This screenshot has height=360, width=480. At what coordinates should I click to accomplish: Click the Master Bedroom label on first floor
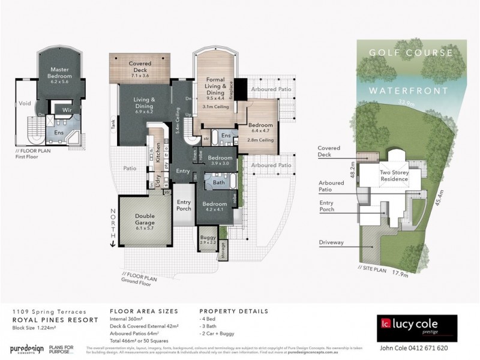point(60,73)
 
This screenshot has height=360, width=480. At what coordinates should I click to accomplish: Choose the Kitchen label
point(158,153)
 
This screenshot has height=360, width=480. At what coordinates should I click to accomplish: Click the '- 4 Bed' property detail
point(209,322)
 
